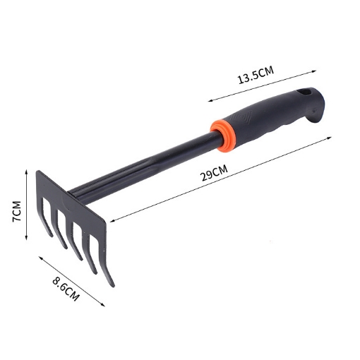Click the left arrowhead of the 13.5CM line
point(210,102)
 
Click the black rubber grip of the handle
point(272,116)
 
